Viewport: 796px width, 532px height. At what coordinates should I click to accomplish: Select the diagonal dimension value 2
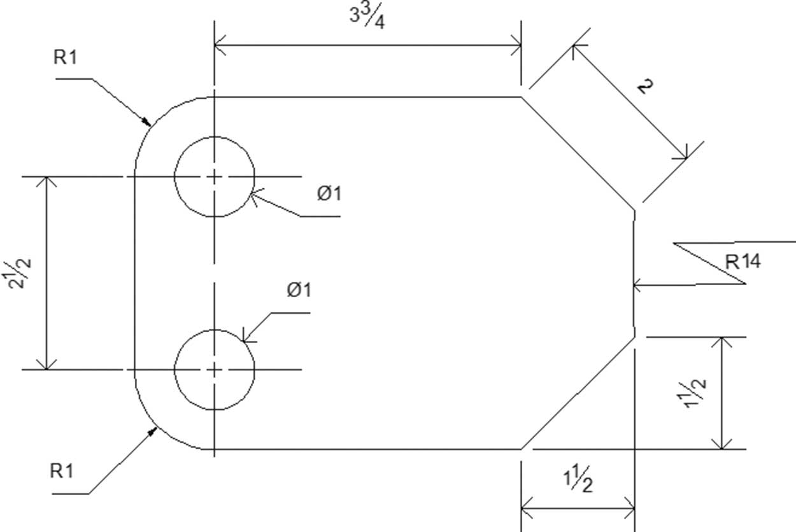coord(645,86)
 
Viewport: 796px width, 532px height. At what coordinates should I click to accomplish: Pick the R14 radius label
coord(743,262)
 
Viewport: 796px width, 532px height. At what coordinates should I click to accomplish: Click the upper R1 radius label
coord(65,57)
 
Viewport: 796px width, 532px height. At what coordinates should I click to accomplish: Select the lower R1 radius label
coord(62,471)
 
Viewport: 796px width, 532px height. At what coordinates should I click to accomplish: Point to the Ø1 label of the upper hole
coord(329,193)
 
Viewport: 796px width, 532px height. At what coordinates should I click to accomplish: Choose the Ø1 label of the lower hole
coord(299,290)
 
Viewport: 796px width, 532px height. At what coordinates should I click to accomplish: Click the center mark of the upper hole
coord(214,176)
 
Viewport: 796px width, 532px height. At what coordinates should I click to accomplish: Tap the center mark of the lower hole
coord(214,370)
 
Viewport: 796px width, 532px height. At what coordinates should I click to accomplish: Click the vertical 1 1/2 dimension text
coord(691,394)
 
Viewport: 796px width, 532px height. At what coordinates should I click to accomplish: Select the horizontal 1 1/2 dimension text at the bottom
coord(578,479)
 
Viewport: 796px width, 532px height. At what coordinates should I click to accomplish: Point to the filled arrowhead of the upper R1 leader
coord(146,122)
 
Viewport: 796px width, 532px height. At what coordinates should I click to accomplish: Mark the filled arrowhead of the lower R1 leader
coord(153,432)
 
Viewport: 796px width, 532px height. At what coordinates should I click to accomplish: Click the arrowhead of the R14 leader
coord(639,285)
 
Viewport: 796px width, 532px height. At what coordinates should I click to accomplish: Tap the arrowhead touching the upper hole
coord(257,196)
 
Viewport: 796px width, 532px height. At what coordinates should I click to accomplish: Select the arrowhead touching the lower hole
coord(248,337)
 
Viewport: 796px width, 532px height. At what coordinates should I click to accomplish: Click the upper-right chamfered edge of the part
coord(578,153)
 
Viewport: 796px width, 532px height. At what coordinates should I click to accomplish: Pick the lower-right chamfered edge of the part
coord(578,393)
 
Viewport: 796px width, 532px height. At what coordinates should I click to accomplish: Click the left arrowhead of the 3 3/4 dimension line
coord(220,45)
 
